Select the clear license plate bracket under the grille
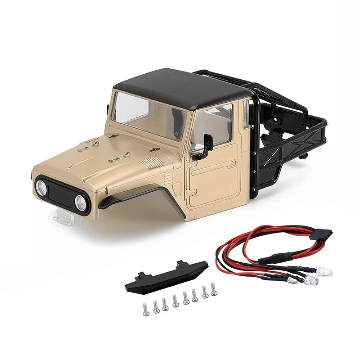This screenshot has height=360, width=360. pos(64,218)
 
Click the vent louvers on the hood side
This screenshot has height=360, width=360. pos(151,162)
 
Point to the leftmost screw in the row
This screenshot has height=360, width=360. pos(146,310)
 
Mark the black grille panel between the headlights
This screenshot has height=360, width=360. pos(61,193)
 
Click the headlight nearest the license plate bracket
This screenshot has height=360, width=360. pos(81,203)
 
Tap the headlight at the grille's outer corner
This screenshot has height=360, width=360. pos(41,187)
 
